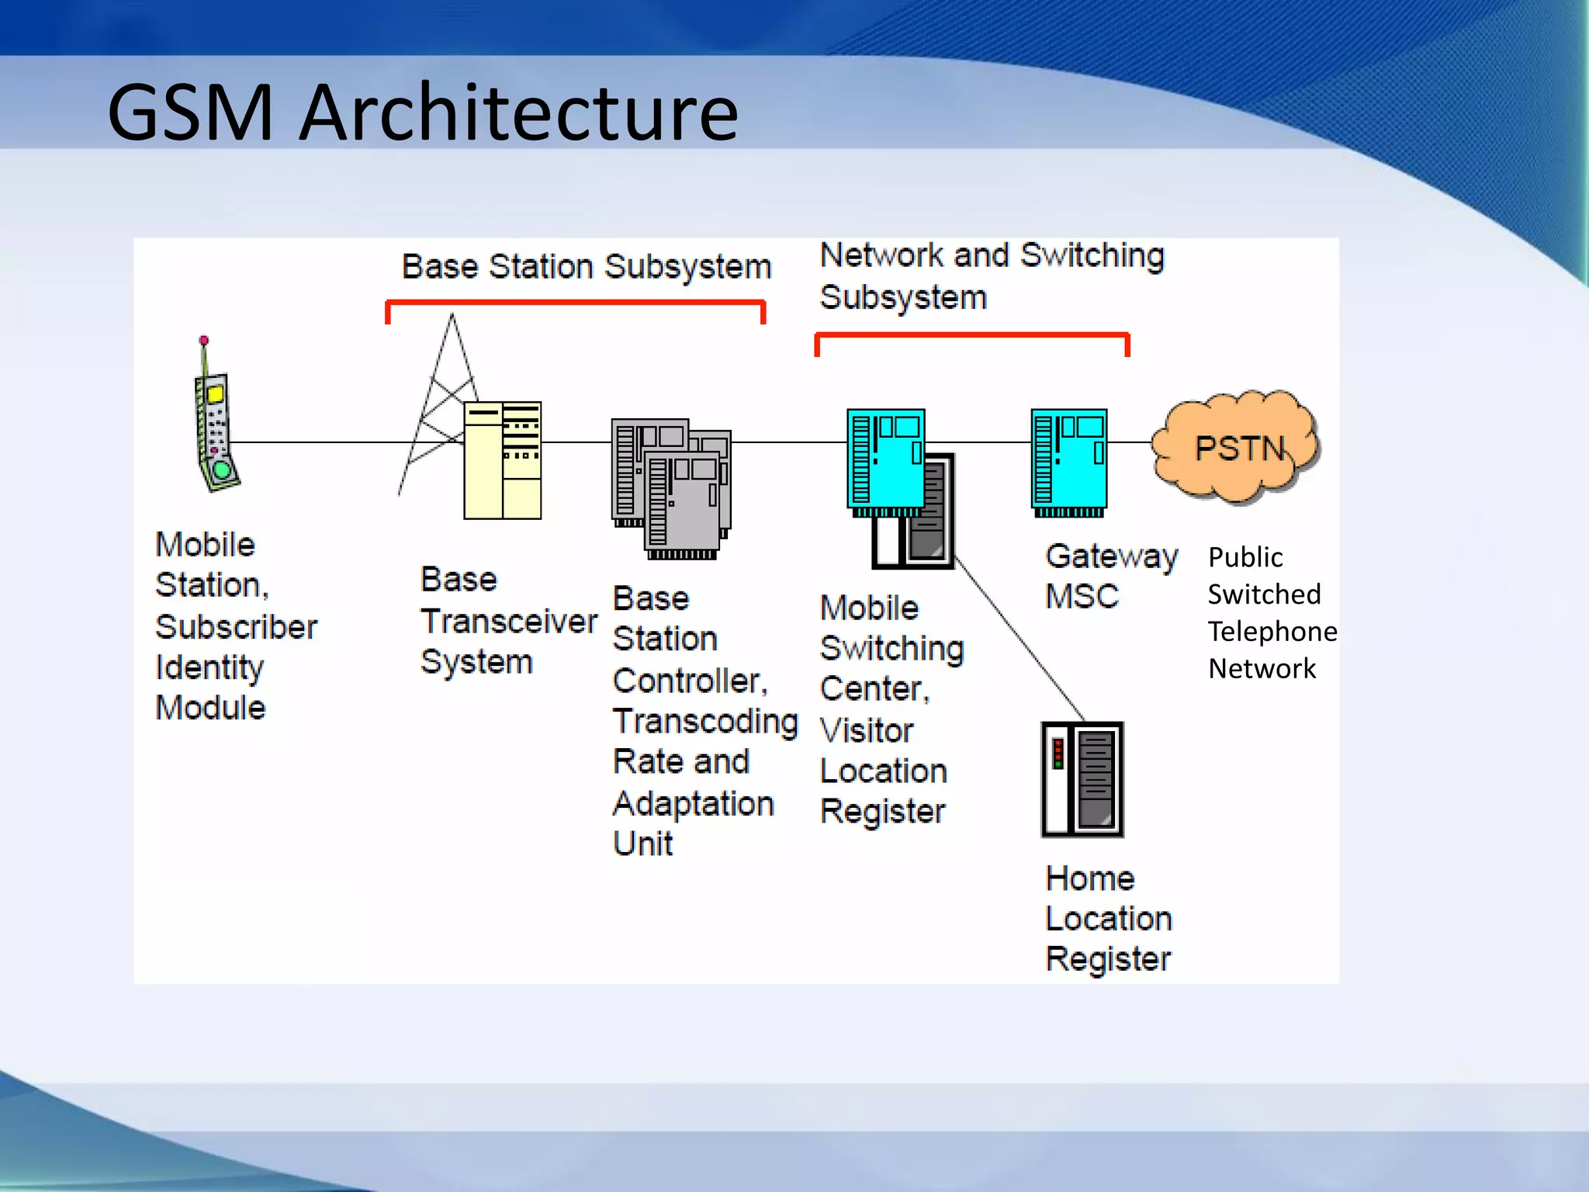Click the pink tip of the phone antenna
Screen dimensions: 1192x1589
coord(204,341)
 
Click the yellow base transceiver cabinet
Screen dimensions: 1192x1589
coord(502,461)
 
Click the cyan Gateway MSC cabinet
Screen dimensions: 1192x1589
coord(1069,461)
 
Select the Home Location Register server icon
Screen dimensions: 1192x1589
coord(1082,779)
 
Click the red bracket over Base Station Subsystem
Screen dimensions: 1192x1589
coord(575,303)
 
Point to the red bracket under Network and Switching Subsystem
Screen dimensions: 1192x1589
coord(971,335)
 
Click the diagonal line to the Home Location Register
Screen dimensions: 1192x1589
coord(1020,639)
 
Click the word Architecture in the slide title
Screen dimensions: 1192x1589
coord(518,113)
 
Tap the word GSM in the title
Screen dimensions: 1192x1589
coord(190,113)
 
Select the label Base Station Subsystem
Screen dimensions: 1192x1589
coord(587,267)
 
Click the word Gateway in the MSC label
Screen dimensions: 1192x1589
coord(1111,556)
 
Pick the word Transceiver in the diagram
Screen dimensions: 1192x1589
coord(509,621)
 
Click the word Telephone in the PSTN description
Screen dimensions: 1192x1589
coord(1272,632)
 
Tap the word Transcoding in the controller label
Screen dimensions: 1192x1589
coord(704,722)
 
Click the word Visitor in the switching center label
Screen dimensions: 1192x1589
coord(867,730)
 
